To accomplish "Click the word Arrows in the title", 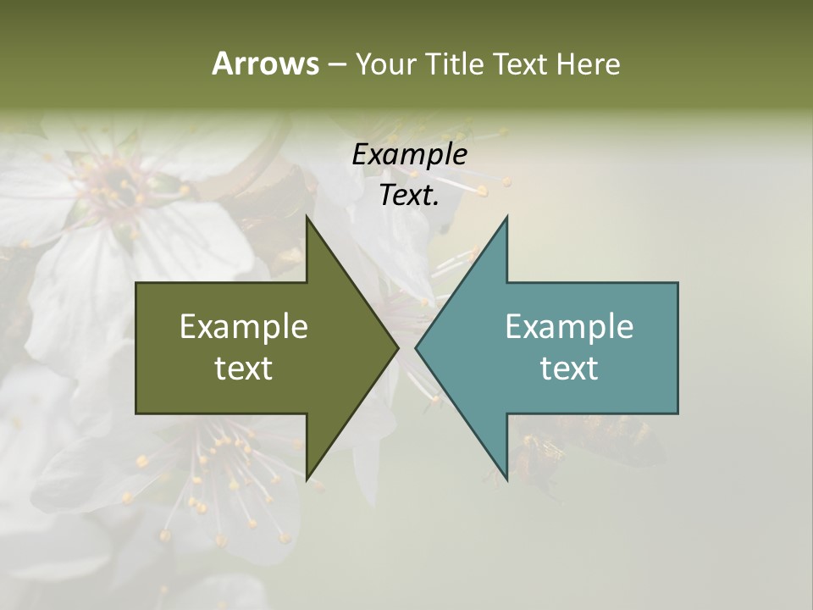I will (x=264, y=64).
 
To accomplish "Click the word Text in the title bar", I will (x=521, y=64).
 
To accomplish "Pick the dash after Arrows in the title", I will (x=336, y=64).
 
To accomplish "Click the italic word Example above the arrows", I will (x=410, y=155).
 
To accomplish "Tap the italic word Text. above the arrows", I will (x=410, y=196).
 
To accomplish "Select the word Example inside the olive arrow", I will (x=244, y=327).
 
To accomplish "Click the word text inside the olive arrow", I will (x=244, y=369).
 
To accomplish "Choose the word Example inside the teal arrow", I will (x=569, y=327).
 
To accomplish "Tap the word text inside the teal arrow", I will (x=569, y=369).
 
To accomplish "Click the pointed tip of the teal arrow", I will (x=417, y=347).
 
